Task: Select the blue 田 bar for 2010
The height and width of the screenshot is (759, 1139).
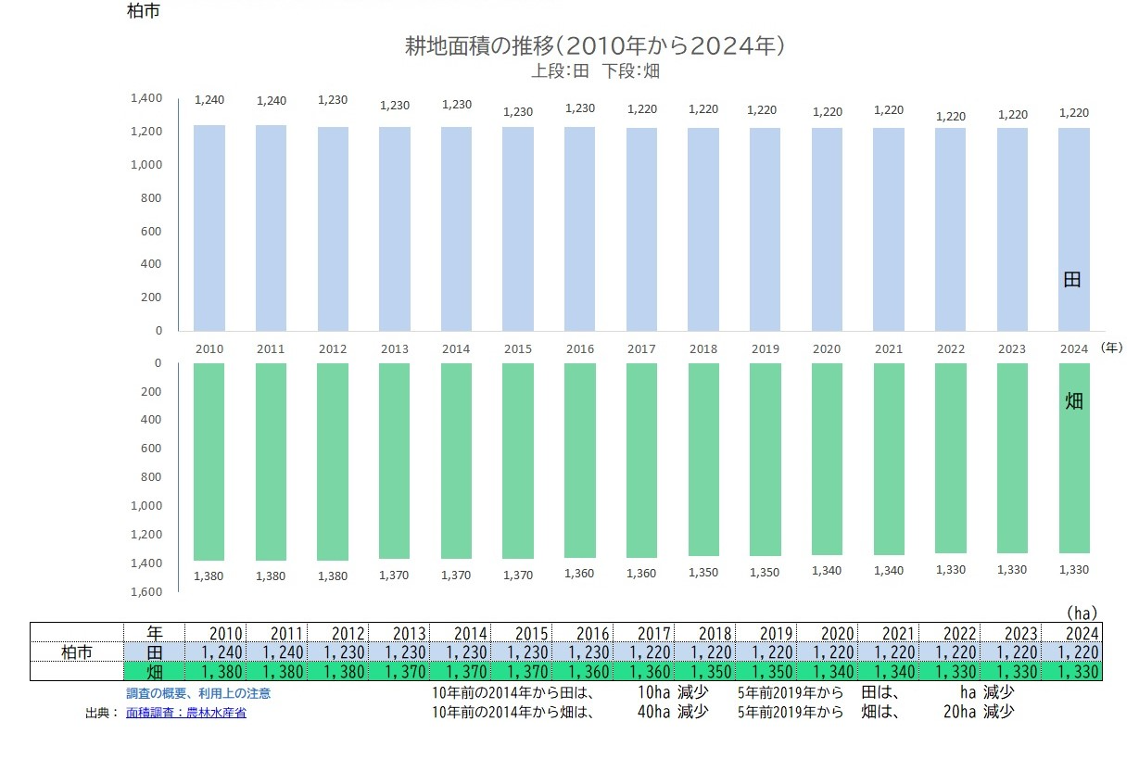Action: click(x=209, y=228)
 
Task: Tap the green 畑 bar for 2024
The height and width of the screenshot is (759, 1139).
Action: click(x=1074, y=458)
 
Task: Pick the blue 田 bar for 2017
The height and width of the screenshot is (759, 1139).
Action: click(x=641, y=229)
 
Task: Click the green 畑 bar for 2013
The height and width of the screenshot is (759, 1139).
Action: click(x=394, y=461)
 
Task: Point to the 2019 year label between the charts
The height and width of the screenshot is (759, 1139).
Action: click(x=765, y=349)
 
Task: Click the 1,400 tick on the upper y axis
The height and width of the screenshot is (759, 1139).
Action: click(x=146, y=98)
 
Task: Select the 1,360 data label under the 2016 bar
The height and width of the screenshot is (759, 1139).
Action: click(x=579, y=574)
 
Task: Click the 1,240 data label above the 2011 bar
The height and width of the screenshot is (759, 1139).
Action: click(x=272, y=101)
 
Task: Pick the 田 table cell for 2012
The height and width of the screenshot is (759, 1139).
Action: click(x=338, y=652)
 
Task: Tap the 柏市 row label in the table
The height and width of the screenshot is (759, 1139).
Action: click(x=77, y=652)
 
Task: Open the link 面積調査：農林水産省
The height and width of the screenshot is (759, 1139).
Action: click(x=186, y=713)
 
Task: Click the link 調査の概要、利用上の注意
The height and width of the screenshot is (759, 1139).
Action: click(x=198, y=693)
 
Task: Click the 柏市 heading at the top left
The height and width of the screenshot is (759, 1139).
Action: click(x=144, y=13)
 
